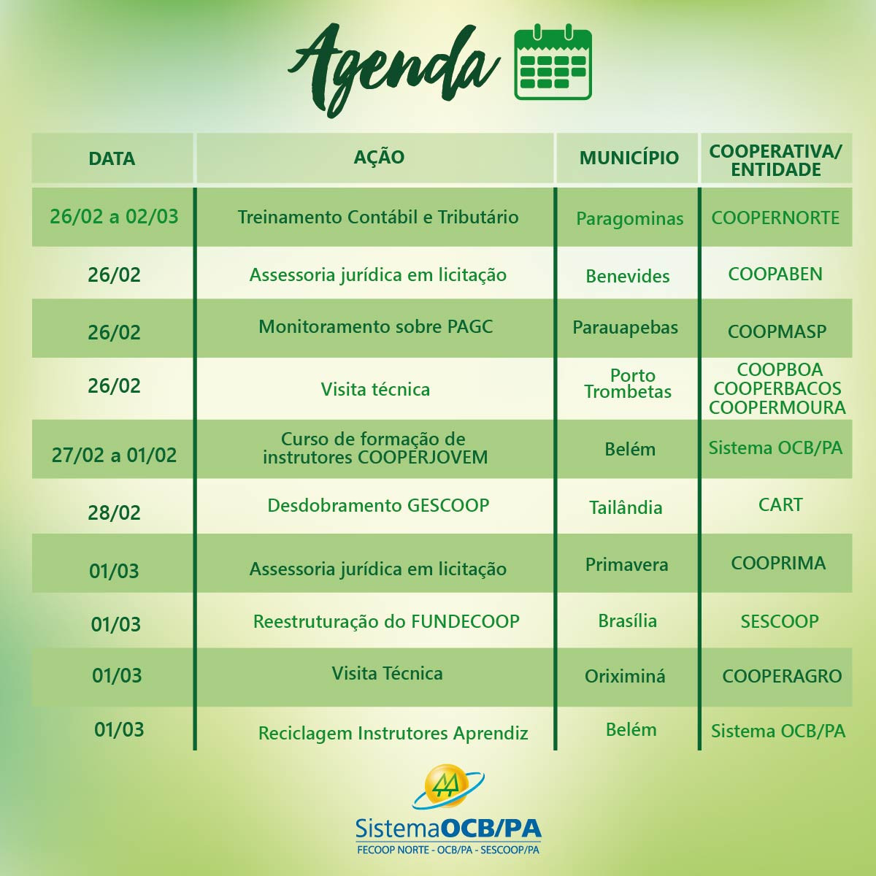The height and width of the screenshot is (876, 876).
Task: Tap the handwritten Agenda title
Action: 393,71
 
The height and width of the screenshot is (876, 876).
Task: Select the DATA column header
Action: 112,158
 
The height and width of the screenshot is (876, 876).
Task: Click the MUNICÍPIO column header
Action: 629,158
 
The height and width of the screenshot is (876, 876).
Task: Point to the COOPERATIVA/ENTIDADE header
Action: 775,161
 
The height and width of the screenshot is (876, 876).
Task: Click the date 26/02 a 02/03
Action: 114,216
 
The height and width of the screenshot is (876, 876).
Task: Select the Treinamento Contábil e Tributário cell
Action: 378,218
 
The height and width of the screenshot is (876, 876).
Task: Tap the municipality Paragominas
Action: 629,219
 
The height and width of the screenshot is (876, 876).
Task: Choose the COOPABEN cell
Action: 775,274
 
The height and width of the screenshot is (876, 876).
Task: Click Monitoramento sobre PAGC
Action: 375,327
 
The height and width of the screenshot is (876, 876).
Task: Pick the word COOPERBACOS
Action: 777,388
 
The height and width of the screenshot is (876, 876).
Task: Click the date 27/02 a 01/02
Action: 114,455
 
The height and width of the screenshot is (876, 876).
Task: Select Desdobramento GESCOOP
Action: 378,505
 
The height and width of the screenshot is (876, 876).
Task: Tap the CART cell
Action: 780,504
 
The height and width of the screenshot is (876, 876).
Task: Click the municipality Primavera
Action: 627,564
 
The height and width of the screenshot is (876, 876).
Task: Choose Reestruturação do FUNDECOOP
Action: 386,621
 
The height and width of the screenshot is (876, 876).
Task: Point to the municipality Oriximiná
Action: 625,677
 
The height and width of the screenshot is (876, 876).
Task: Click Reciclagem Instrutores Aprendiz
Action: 393,733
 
